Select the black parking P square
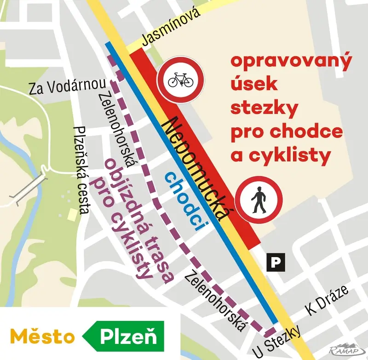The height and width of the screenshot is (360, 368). pos(275,262)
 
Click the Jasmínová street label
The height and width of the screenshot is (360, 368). pos(171,26)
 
